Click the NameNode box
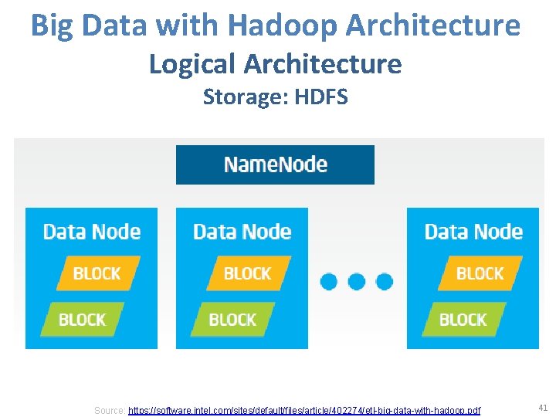tap(275, 164)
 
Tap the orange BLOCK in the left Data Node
tap(97, 273)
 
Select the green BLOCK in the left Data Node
tap(82, 319)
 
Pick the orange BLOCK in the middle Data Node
tap(247, 273)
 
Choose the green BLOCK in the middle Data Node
tap(232, 319)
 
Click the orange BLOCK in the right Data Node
tap(480, 273)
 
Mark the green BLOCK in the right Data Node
tap(463, 319)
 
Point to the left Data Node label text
tap(91, 232)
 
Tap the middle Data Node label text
tap(242, 232)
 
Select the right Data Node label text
tap(473, 232)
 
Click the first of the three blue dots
tap(329, 281)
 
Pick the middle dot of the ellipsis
tap(357, 281)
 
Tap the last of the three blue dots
tap(384, 281)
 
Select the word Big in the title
tap(53, 25)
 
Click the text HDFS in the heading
tap(321, 97)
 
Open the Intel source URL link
tap(303, 410)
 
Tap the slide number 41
tap(542, 407)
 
